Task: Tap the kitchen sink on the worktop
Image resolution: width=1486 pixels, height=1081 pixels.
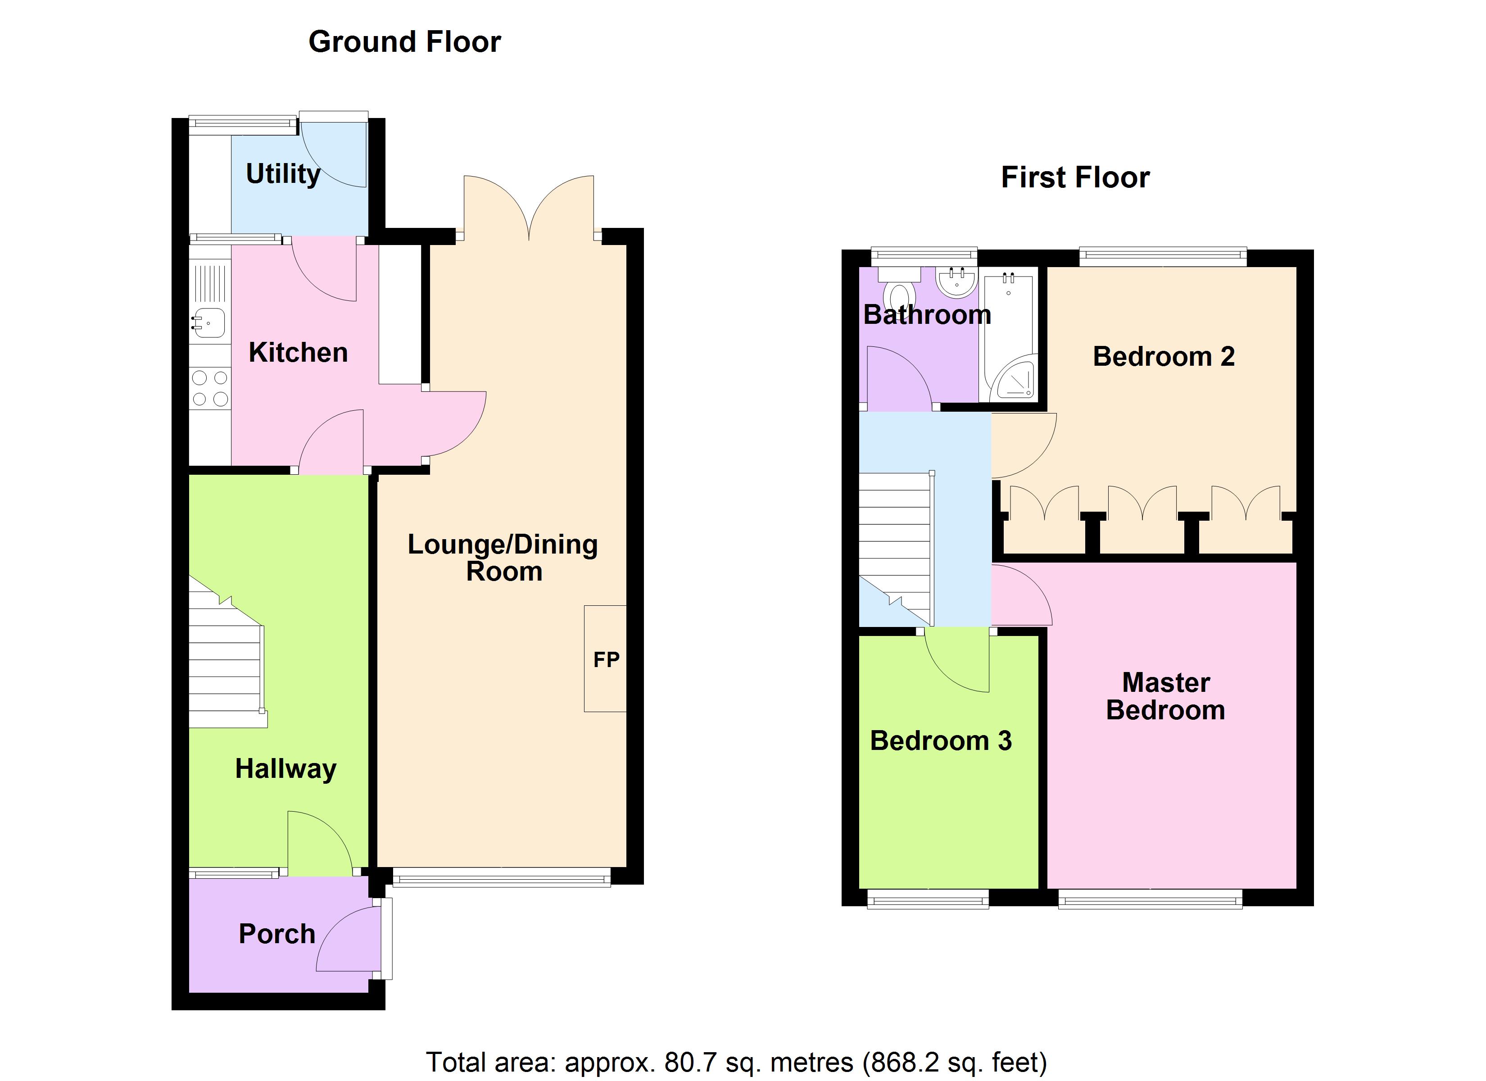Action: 210,322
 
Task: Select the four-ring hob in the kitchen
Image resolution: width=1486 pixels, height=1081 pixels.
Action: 210,388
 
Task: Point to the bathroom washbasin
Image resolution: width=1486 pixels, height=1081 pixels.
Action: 956,282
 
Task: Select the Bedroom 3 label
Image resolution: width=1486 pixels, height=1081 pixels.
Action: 940,741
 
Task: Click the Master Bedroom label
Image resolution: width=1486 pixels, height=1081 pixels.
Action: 1165,697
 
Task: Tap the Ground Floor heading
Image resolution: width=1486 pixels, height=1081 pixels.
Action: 404,42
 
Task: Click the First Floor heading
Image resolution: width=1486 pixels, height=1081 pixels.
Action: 1074,177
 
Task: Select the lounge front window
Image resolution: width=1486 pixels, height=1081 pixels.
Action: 501,877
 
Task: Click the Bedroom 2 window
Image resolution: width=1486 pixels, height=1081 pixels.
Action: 1162,256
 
